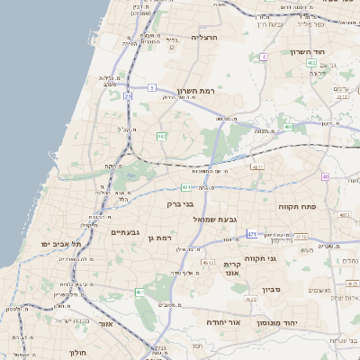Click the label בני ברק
pos(181,203)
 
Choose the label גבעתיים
pos(125,232)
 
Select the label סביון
pos(273,290)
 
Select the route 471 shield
pos(252,234)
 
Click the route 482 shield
pos(162,136)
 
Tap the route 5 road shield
pos(153,87)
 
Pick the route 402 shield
pos(310,63)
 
